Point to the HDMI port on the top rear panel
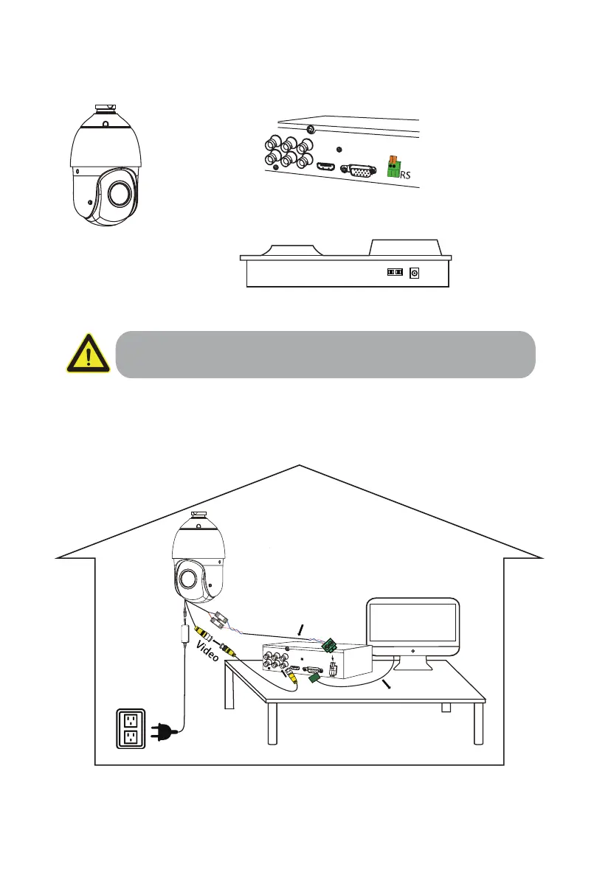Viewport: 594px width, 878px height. [327, 167]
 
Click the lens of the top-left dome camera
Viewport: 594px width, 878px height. [117, 194]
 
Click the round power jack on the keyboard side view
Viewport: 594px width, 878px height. [414, 273]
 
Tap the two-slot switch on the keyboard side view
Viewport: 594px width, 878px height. [395, 273]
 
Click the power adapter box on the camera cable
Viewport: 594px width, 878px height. [184, 633]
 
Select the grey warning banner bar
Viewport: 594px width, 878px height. [325, 354]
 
